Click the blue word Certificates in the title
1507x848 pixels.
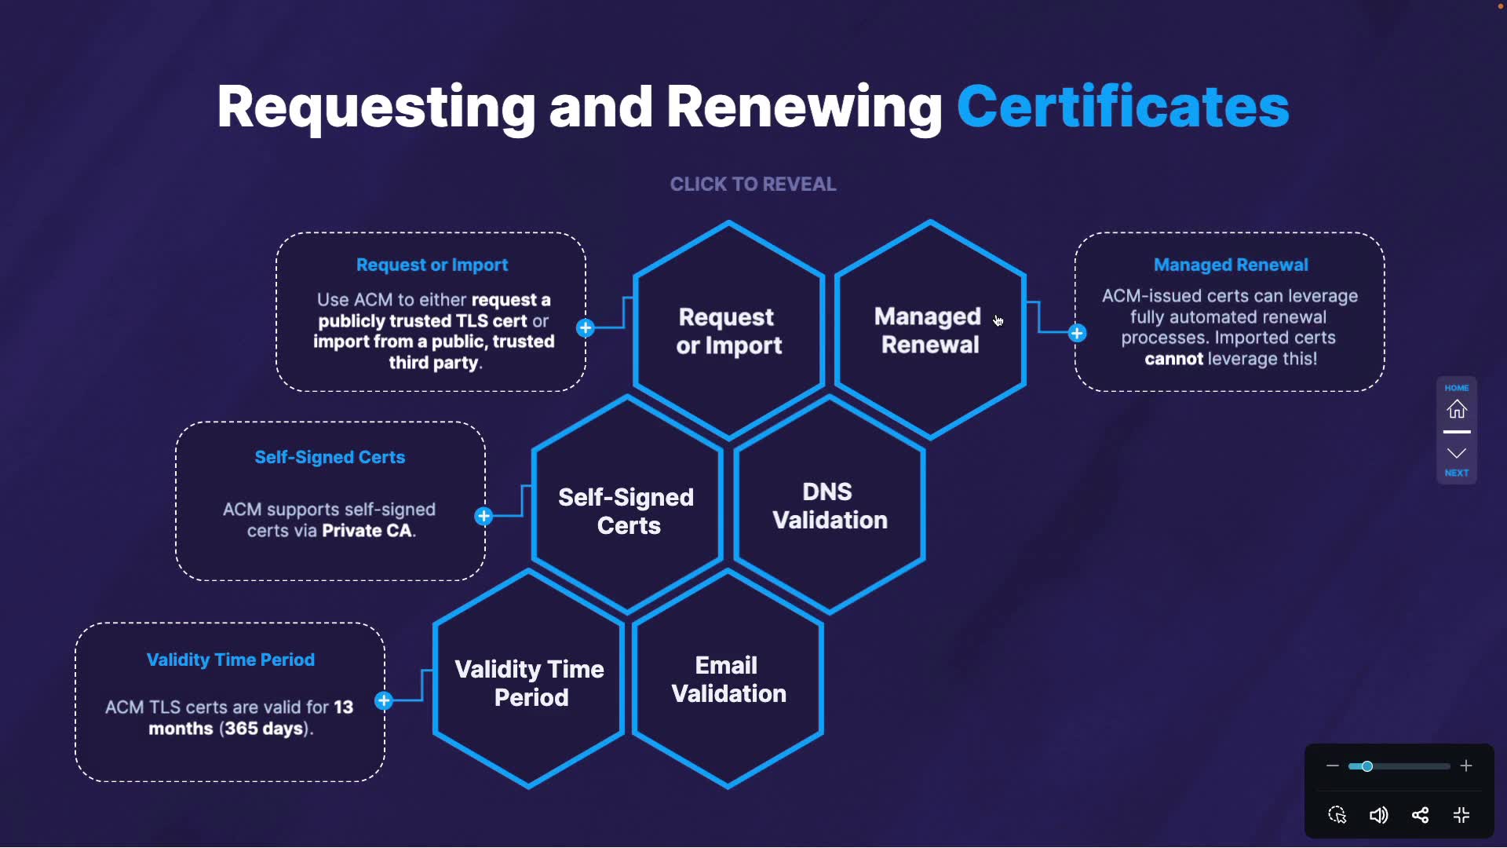[x=1122, y=107]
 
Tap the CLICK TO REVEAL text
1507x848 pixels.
[x=753, y=185]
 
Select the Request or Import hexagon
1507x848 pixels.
[x=729, y=331]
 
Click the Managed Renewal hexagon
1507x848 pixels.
[x=930, y=331]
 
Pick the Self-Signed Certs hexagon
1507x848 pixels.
[x=627, y=511]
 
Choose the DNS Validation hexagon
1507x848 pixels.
[x=830, y=506]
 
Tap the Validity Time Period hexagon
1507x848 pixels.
[x=530, y=683]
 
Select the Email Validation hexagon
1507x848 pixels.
[x=728, y=680]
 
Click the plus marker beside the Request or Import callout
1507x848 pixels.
[x=586, y=328]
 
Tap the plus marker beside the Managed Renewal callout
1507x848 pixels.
[x=1077, y=334]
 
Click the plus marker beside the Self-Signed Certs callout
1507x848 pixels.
[x=483, y=517]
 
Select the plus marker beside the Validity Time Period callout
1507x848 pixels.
[x=384, y=701]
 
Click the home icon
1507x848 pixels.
[x=1457, y=409]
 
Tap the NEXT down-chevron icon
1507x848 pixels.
[x=1457, y=454]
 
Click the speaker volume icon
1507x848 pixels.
[x=1378, y=816]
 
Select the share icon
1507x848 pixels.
[x=1420, y=816]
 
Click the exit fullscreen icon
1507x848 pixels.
[x=1461, y=816]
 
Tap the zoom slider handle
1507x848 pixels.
[x=1367, y=766]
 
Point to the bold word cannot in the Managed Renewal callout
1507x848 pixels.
[x=1173, y=360]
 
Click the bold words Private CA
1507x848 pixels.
[x=367, y=532]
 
